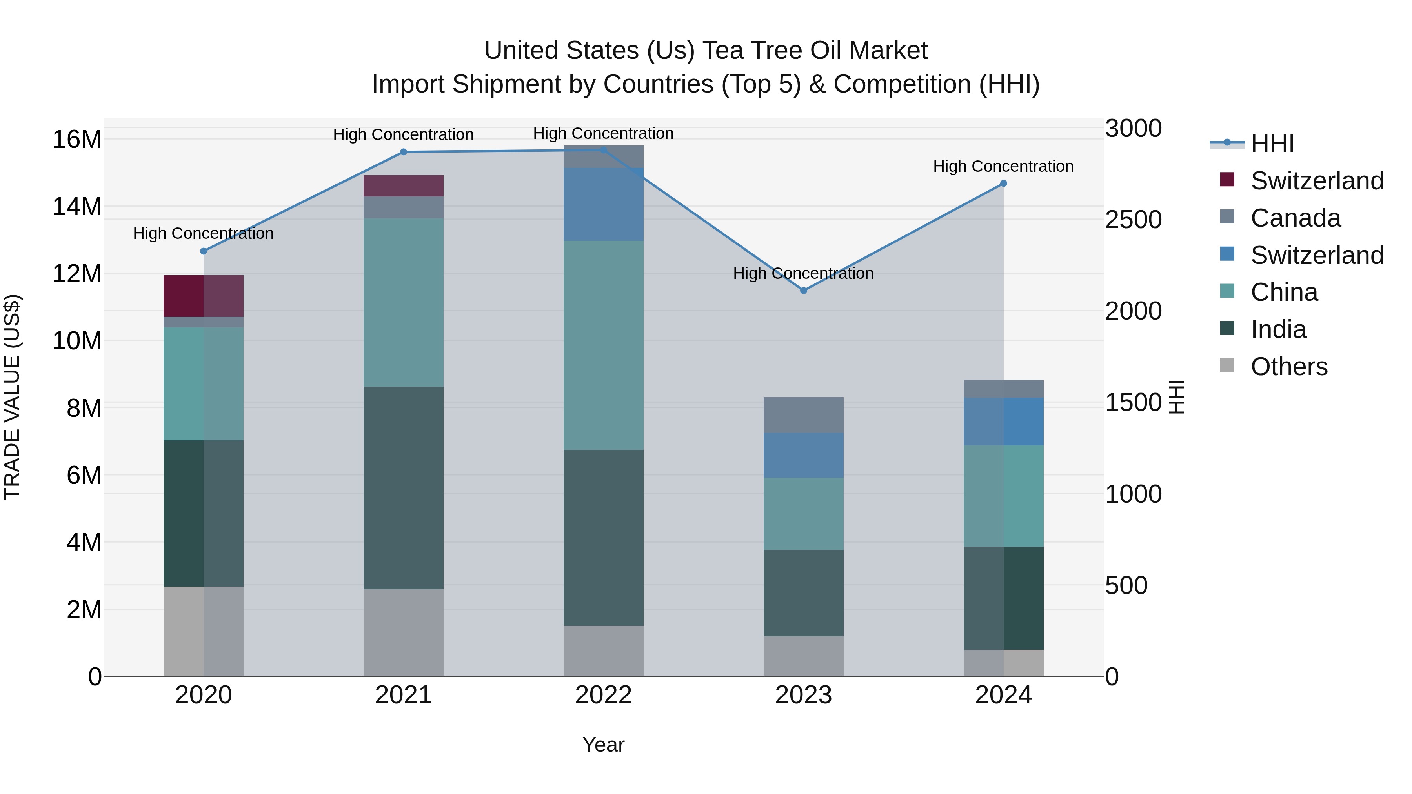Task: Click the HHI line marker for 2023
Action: (x=804, y=291)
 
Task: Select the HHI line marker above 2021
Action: (x=404, y=152)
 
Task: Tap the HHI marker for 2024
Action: (x=1004, y=184)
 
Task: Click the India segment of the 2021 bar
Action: (x=404, y=488)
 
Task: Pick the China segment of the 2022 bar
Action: (x=604, y=345)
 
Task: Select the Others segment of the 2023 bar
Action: (x=804, y=656)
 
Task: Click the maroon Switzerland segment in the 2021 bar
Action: (x=404, y=186)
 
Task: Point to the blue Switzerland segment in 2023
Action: (x=804, y=455)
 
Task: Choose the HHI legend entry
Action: (x=1272, y=144)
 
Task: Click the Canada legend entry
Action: (x=1295, y=218)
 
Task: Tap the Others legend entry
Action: (x=1289, y=367)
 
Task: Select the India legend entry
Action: (x=1278, y=329)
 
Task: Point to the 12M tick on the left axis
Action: (x=77, y=273)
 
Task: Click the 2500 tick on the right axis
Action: (x=1133, y=220)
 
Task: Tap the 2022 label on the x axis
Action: (x=604, y=695)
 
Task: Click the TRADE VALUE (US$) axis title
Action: (x=12, y=397)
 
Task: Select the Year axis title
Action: (x=604, y=745)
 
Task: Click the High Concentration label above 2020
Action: (x=203, y=233)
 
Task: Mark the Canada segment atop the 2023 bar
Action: (x=804, y=415)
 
